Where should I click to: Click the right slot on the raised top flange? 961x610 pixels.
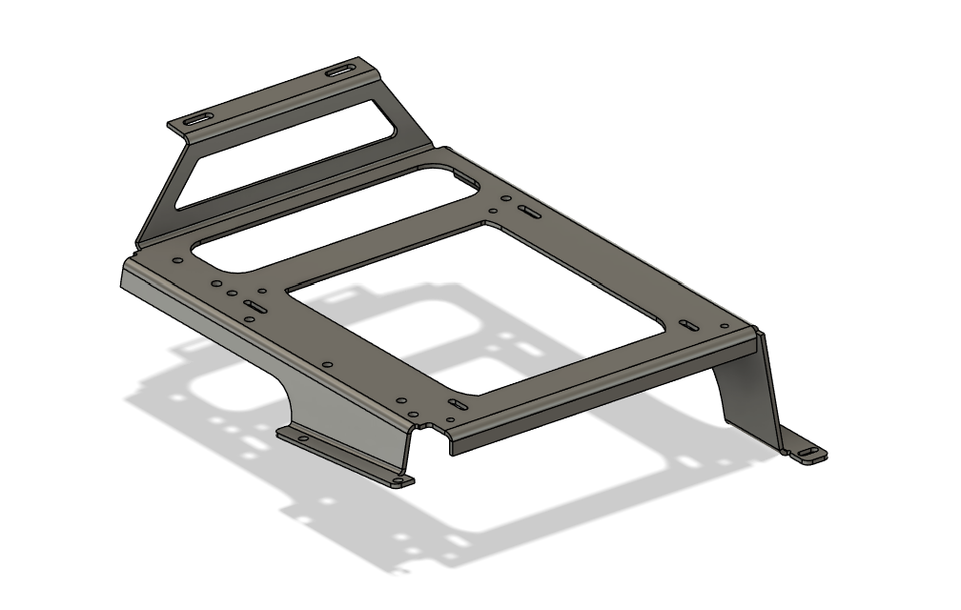tap(338, 71)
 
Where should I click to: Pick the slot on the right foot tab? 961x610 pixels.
tap(808, 452)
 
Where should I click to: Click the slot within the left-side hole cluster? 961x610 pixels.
tap(255, 306)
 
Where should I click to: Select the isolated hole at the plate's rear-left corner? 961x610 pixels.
tap(177, 260)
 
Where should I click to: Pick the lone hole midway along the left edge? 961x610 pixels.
tap(327, 364)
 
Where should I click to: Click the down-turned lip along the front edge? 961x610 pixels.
tap(591, 400)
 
